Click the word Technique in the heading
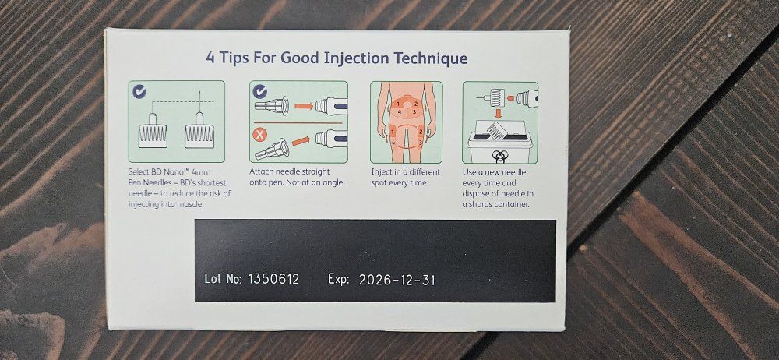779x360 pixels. [431, 58]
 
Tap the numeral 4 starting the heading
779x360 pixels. [210, 58]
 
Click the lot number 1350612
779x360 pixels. [273, 279]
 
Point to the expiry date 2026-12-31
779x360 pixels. [397, 280]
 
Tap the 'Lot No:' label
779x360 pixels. [223, 278]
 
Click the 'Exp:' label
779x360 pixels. [339, 279]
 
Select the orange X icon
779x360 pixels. [259, 134]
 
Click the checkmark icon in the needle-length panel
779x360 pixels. [139, 91]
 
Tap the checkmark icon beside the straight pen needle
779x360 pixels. [259, 91]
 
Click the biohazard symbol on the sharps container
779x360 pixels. [499, 156]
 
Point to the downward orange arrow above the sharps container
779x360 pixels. [498, 114]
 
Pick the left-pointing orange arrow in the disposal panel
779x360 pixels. [509, 97]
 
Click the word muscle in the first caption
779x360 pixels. [192, 204]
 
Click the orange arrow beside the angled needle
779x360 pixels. [301, 141]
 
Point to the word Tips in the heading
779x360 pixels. [234, 58]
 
